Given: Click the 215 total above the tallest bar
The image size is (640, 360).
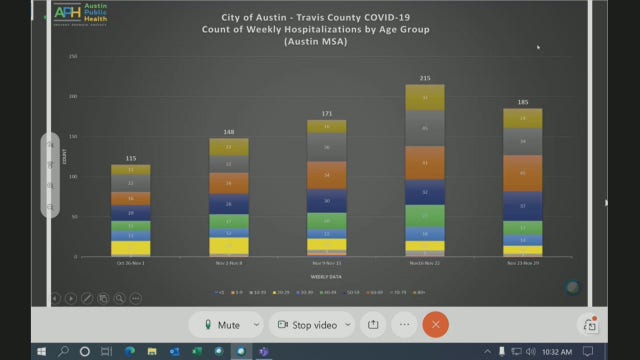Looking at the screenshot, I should click(424, 77).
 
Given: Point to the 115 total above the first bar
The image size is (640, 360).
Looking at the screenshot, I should click(131, 158).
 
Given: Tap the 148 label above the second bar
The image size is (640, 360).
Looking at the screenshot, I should click(228, 132).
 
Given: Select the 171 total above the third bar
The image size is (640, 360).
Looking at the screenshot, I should click(326, 113).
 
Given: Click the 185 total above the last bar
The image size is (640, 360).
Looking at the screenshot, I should click(522, 102).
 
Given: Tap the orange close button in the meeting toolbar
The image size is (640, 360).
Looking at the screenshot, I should click(435, 325).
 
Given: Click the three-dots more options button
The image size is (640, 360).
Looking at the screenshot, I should click(405, 325).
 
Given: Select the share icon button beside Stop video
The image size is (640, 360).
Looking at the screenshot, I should click(373, 325).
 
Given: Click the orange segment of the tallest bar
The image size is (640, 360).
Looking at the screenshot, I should click(424, 162).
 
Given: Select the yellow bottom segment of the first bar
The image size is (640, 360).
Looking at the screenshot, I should click(131, 248).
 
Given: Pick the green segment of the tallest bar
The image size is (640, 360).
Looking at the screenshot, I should click(424, 215).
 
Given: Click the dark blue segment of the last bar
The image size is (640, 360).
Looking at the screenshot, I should click(522, 207).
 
